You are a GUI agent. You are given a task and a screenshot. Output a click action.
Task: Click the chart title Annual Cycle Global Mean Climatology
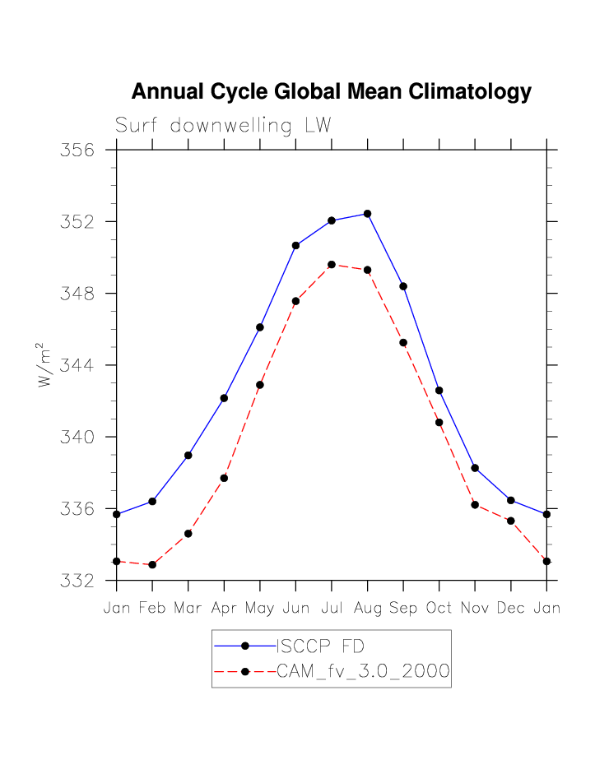click(x=331, y=92)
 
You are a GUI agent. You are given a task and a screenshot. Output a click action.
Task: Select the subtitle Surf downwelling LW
click(x=223, y=126)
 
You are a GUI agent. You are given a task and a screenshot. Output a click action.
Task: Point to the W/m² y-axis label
click(x=44, y=364)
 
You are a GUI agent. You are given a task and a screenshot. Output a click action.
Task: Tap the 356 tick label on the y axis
click(x=77, y=151)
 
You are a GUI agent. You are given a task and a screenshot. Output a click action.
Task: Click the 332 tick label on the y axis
click(x=77, y=581)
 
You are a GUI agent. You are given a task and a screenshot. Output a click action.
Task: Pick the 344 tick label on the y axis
click(x=77, y=365)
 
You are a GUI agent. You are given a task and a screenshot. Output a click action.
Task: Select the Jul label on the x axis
click(x=331, y=609)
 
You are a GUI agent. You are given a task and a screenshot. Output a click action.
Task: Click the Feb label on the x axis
click(x=152, y=609)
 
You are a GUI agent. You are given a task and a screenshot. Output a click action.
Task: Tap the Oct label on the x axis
click(x=439, y=609)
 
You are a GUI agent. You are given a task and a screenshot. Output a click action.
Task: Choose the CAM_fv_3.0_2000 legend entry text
click(x=363, y=672)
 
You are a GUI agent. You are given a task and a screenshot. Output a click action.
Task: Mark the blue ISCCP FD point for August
click(x=367, y=214)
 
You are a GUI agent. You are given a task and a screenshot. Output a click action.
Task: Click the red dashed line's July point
click(x=332, y=265)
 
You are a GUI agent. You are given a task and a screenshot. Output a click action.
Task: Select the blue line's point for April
click(x=224, y=398)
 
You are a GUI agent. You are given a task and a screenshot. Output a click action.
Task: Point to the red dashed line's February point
click(x=152, y=565)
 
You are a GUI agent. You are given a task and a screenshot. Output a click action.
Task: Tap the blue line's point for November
click(x=475, y=468)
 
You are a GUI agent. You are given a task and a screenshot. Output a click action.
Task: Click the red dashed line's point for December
click(x=511, y=521)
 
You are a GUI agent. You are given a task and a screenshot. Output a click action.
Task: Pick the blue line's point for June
click(x=295, y=245)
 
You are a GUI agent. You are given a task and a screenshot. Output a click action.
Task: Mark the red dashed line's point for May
click(x=260, y=385)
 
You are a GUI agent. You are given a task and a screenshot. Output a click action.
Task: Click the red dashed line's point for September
click(x=403, y=343)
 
